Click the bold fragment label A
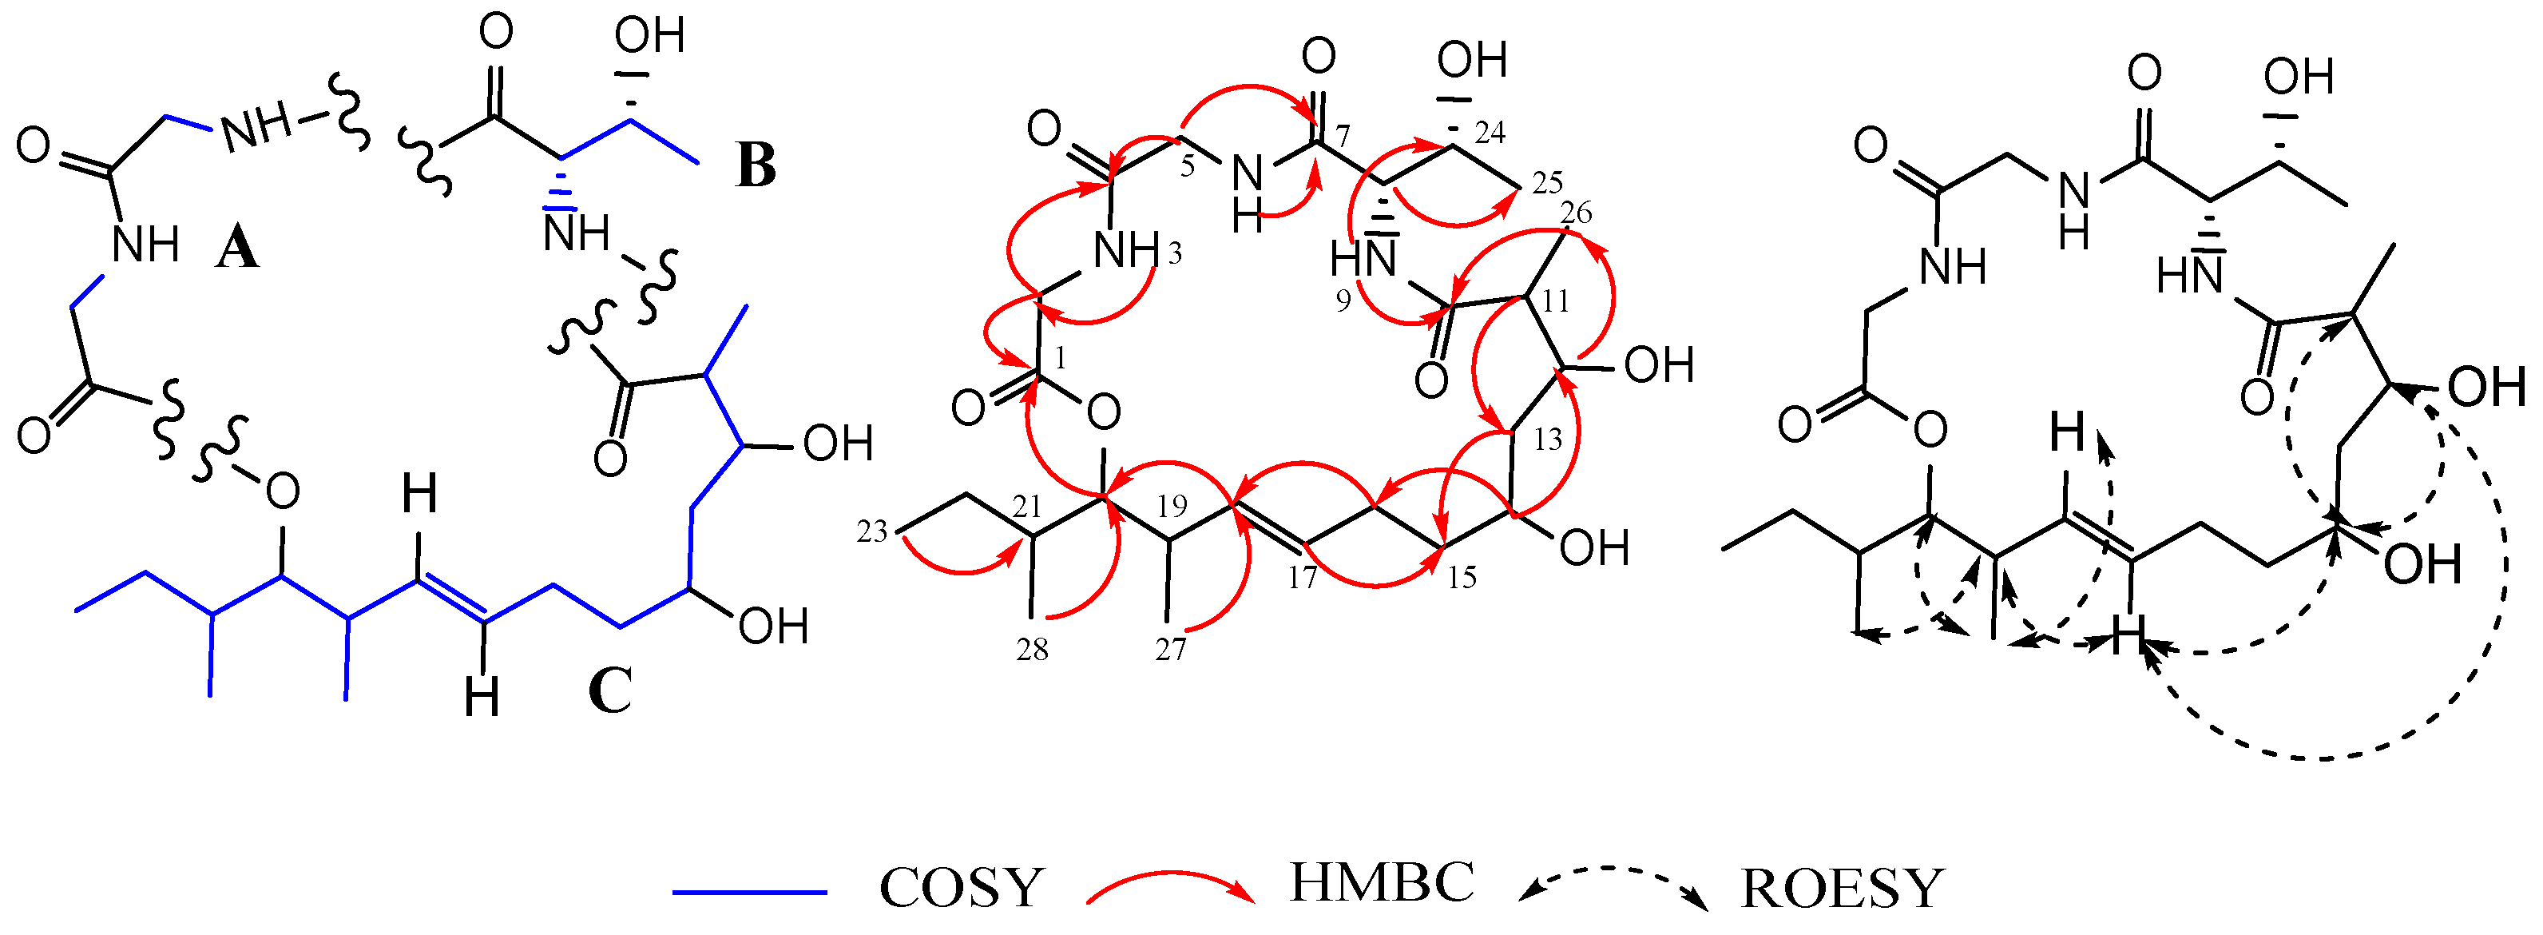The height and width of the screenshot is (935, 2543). click(237, 248)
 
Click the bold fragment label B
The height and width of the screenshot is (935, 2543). click(756, 166)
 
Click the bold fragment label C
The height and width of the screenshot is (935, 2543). click(609, 690)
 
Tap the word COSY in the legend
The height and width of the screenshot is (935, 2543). click(962, 888)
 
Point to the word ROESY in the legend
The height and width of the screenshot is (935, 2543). click(1842, 889)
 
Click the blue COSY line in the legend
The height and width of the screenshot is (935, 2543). click(749, 893)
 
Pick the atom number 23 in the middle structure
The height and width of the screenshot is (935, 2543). click(871, 532)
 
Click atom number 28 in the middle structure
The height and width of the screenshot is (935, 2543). click(1033, 650)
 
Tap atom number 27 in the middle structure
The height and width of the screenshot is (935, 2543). click(1170, 650)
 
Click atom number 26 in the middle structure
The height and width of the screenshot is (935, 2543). click(1576, 213)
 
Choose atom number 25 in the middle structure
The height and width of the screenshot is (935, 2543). click(1547, 183)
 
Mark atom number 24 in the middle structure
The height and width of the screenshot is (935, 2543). click(1490, 133)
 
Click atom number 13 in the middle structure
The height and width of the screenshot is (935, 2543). click(1547, 440)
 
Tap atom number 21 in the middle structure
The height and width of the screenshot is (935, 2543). click(1026, 507)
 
